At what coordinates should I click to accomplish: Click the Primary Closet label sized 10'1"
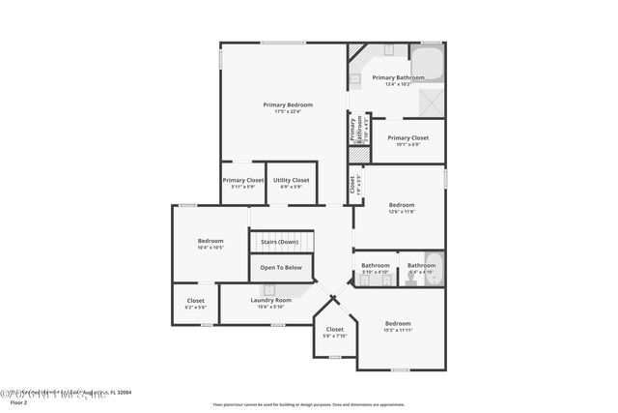tap(407, 138)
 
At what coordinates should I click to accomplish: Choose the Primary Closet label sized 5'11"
tap(242, 180)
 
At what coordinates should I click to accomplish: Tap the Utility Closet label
tap(291, 180)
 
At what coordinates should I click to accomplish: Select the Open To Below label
tap(280, 268)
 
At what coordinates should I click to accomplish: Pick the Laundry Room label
tap(270, 300)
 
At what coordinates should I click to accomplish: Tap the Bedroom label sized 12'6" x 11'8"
tap(402, 205)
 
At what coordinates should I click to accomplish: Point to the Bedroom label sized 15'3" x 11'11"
tap(398, 324)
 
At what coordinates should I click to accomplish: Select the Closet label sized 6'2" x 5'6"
tap(195, 301)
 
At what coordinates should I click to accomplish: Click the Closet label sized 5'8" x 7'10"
tap(334, 330)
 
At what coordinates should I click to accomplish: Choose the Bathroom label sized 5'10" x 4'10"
tap(376, 266)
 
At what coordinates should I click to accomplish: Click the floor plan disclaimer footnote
tap(308, 403)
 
